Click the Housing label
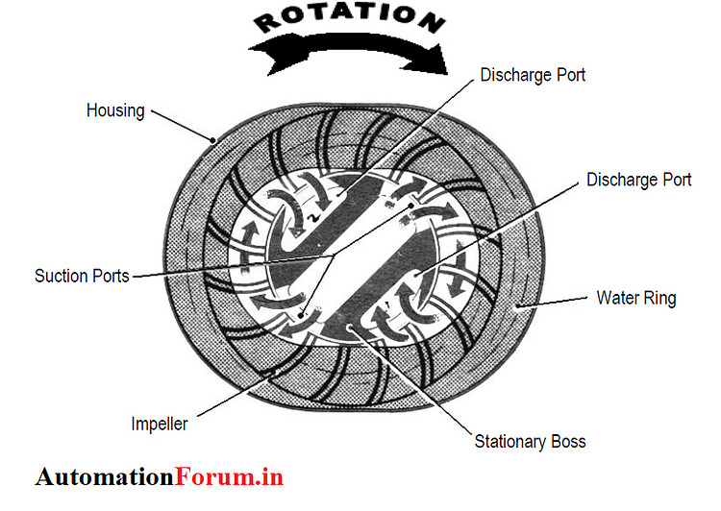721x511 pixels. pos(115,110)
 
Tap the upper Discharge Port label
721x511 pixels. pos(534,75)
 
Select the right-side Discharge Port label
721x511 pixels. pos(638,180)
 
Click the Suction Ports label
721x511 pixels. pos(82,276)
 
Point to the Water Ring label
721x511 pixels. pos(636,298)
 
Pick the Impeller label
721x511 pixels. pos(160,424)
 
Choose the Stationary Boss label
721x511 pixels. pos(531,442)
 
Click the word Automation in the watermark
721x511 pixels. pos(106,476)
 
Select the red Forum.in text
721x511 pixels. pos(230,476)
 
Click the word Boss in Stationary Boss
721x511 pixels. pos(566,442)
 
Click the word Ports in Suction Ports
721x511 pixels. pos(109,276)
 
